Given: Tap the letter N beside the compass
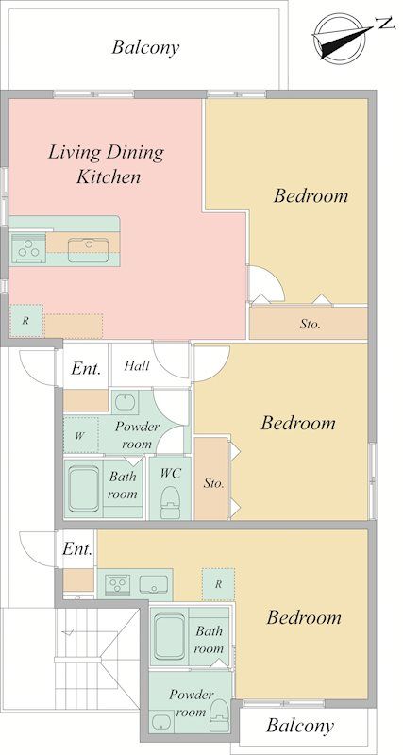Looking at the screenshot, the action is point(384,23).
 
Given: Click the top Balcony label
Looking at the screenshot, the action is point(145,48).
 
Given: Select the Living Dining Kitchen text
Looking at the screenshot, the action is point(106,164).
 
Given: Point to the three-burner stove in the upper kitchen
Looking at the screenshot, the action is point(27,248).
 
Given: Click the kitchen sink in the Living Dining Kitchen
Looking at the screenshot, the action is point(88,250).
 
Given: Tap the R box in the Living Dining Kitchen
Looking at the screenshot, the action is point(26,321).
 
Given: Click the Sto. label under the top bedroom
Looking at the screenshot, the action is point(310,325).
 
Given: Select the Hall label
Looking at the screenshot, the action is point(137,365).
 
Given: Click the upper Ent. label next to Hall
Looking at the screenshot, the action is point(86,368).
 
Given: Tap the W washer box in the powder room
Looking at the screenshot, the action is point(80,436).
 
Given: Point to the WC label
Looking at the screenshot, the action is point(171,473).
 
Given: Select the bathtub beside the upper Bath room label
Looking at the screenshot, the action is point(83,489).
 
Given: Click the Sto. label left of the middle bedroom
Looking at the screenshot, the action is point(213,484).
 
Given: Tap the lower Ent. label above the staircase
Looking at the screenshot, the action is point(77,549).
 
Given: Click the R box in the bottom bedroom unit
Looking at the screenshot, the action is point(218,584).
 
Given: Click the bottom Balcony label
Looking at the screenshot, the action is point(299,726).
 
